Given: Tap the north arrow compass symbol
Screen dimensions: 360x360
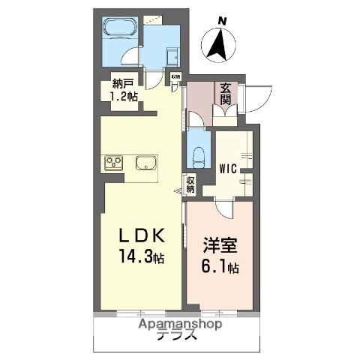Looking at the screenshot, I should (x=220, y=45).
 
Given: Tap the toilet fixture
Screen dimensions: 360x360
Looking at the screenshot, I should (x=198, y=154).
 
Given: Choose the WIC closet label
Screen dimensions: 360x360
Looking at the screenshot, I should (x=229, y=168).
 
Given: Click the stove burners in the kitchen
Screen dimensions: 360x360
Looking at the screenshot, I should (x=114, y=163).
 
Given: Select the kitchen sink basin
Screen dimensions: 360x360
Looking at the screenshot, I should (x=146, y=163).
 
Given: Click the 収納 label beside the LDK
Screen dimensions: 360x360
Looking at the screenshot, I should (x=190, y=184).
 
